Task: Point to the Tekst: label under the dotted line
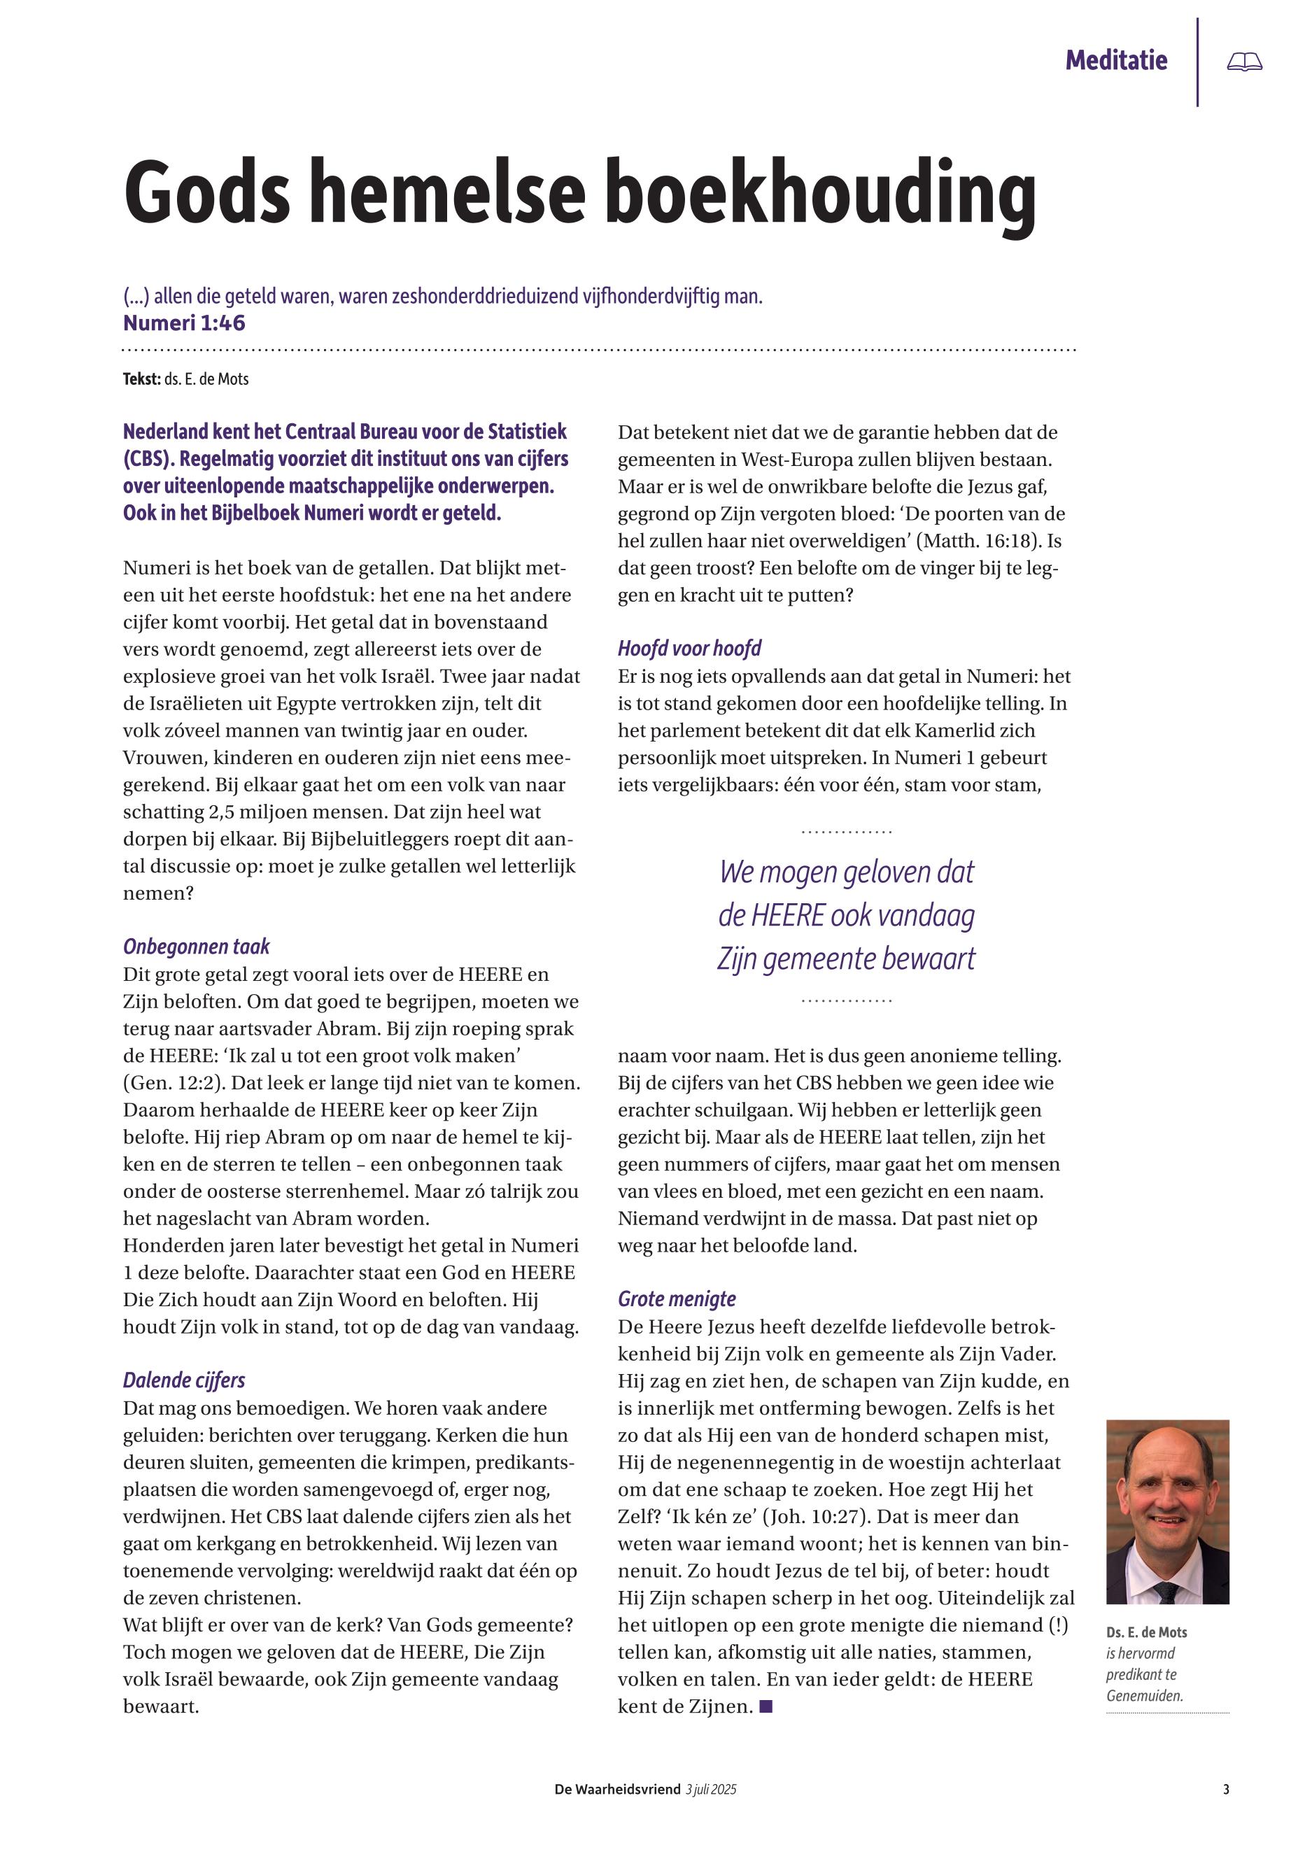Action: [x=141, y=378]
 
